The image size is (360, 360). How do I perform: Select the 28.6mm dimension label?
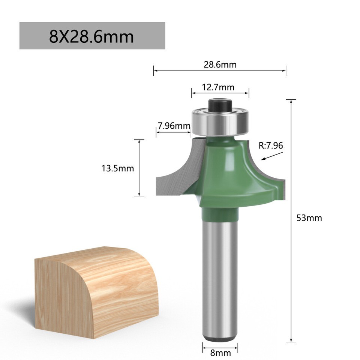tap(220, 64)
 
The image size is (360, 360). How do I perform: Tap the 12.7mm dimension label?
tap(218, 87)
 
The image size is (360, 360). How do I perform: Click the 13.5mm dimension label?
tap(117, 168)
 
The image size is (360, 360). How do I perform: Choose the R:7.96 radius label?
tap(271, 145)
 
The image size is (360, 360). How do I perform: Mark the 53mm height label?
tap(309, 218)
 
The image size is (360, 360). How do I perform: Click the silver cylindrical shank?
tap(220, 277)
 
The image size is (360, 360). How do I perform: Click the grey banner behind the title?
tap(150, 36)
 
